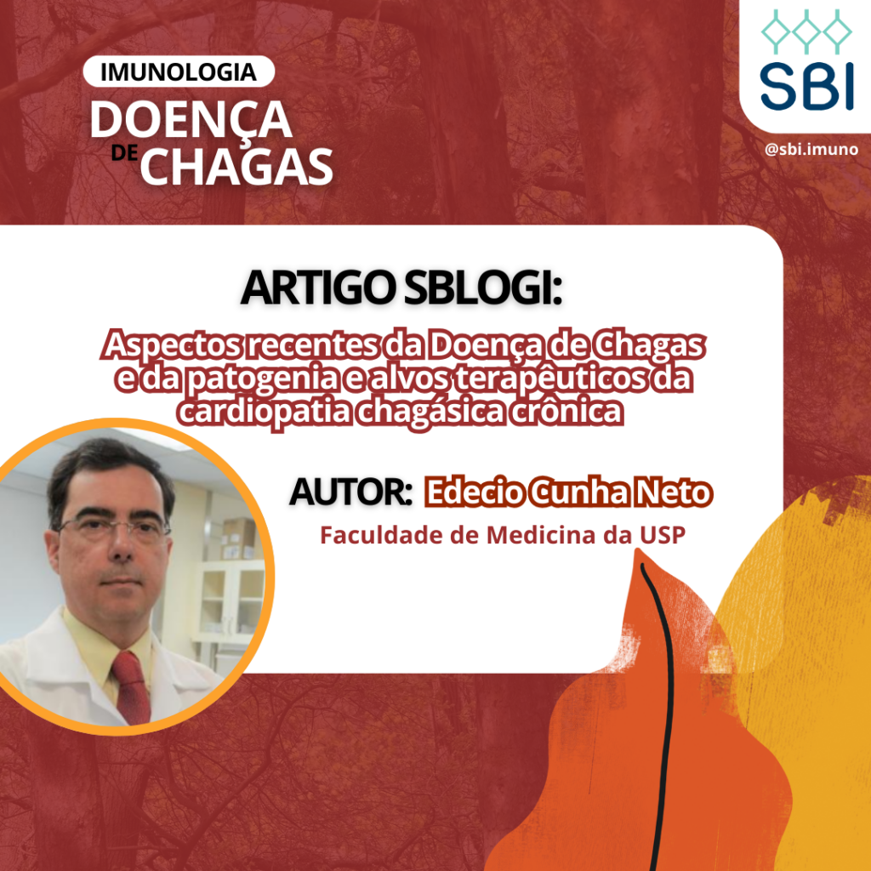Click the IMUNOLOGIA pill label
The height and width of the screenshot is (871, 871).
coord(179,71)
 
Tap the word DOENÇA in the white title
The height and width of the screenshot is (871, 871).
coord(191,121)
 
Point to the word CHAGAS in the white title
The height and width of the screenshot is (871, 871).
coord(236,166)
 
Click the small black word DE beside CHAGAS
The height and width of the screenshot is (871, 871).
coord(124,153)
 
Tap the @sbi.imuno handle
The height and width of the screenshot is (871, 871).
coord(811,149)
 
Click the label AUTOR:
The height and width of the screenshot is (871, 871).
coord(350,492)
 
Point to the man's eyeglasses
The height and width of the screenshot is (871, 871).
coord(113,529)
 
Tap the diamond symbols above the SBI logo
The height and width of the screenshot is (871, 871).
coord(806,31)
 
